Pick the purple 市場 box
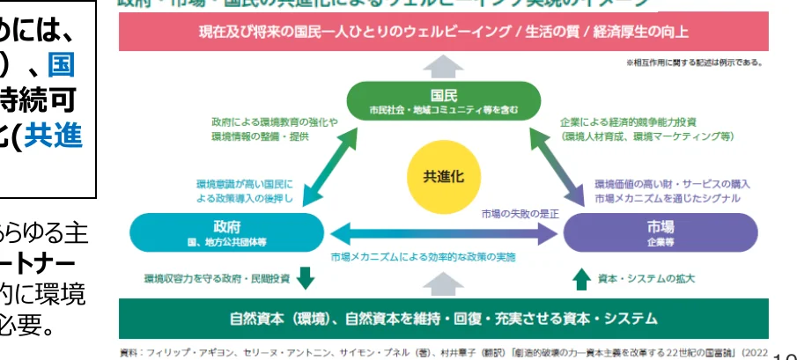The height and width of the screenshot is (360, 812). tap(659, 231)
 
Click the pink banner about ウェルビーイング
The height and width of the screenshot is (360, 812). tap(443, 33)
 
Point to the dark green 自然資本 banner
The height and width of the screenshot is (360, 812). tap(443, 317)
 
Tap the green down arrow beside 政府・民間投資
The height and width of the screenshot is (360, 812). tap(306, 278)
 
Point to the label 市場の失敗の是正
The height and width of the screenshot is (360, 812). tap(521, 214)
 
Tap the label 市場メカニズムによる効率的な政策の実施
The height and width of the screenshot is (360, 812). tap(423, 257)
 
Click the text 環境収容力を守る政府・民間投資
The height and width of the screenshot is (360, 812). tap(218, 279)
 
